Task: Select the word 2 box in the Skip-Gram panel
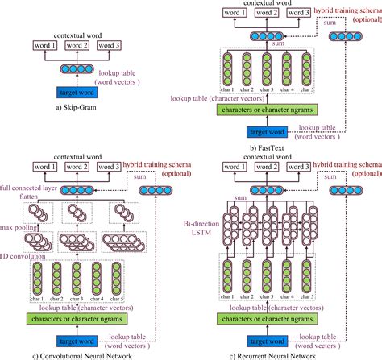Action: click(x=77, y=46)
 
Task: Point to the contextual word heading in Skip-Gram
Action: click(x=76, y=35)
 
